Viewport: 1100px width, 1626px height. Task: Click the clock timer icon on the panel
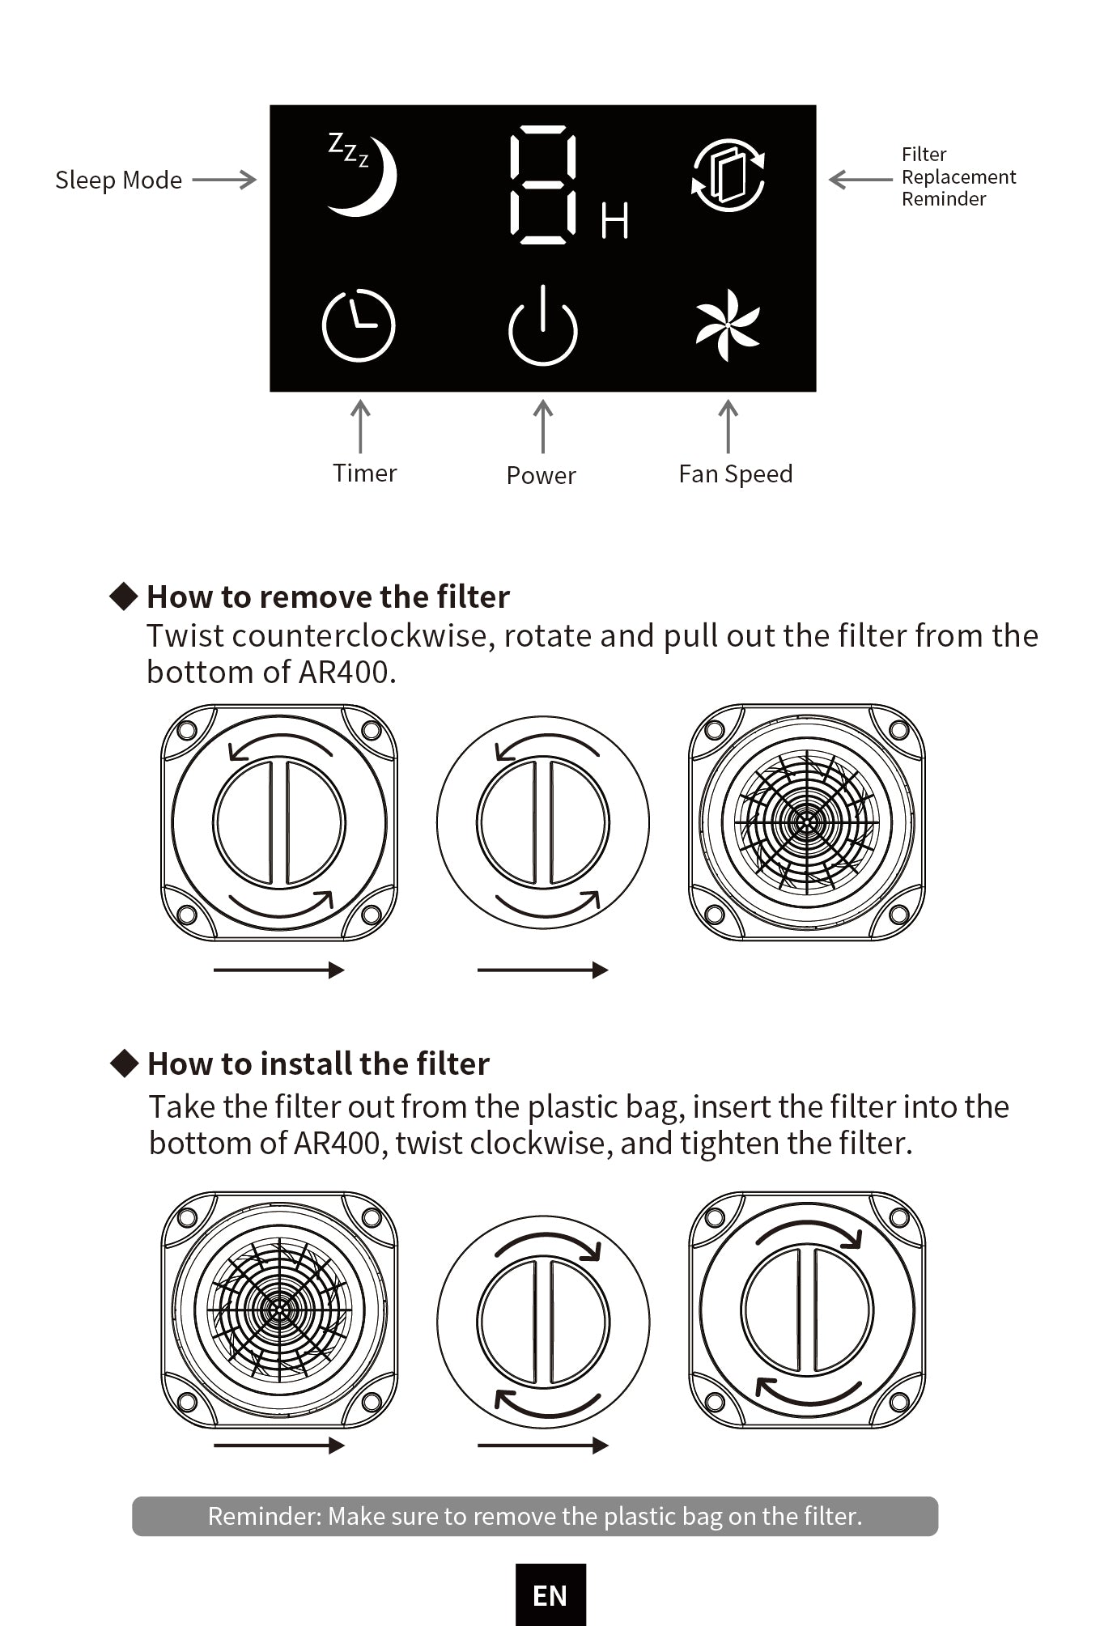coord(358,325)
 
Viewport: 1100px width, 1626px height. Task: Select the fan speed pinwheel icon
coord(728,325)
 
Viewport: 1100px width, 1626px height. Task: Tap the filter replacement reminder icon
coord(728,176)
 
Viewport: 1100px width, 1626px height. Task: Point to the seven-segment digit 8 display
coord(543,185)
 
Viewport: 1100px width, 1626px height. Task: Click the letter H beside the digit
coord(614,220)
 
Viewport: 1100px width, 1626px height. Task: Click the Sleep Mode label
coord(118,180)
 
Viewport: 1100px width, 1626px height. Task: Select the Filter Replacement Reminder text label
coord(958,176)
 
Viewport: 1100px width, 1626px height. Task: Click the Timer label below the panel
coord(364,473)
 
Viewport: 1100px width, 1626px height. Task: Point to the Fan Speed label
coord(735,474)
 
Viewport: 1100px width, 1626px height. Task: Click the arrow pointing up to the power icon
coord(543,427)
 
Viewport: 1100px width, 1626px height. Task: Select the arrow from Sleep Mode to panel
coord(224,180)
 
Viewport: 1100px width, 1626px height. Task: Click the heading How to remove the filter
coord(328,596)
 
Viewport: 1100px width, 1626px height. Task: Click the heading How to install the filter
coord(318,1063)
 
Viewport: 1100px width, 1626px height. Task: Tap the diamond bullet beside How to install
coord(125,1063)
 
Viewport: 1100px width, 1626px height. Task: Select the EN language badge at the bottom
coord(550,1595)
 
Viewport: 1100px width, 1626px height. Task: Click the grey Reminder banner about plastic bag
coord(535,1516)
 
